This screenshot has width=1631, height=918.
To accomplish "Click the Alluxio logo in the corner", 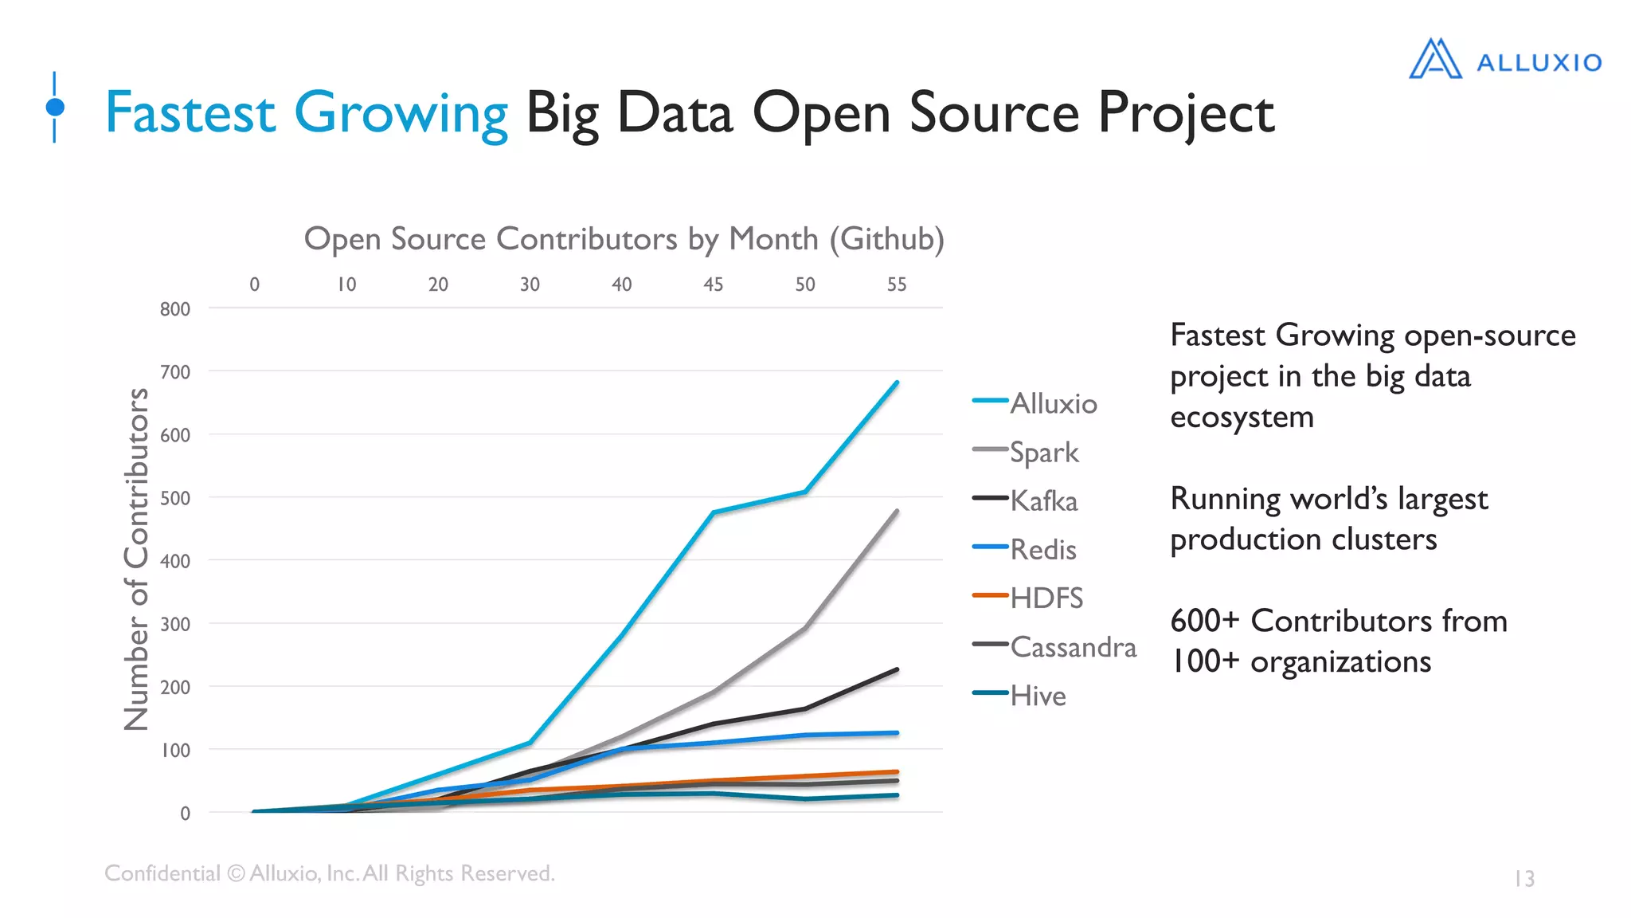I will pyautogui.click(x=1505, y=60).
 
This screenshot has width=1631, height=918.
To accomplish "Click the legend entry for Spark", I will pyautogui.click(x=1043, y=453).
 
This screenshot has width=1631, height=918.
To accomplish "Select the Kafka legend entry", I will pyautogui.click(x=1043, y=501).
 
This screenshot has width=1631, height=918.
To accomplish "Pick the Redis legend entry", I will pyautogui.click(x=1042, y=550).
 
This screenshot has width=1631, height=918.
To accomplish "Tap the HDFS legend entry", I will pyautogui.click(x=1046, y=598).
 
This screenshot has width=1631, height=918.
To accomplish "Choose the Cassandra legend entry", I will pyautogui.click(x=1072, y=647).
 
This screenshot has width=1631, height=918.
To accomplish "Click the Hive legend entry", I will pyautogui.click(x=1037, y=696).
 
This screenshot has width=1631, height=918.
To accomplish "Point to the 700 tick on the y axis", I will pyautogui.click(x=175, y=372).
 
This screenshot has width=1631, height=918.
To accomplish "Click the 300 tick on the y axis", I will pyautogui.click(x=175, y=625).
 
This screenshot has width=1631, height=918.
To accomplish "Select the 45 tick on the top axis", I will pyautogui.click(x=714, y=284).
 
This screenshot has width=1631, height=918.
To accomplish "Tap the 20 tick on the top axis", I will pyautogui.click(x=438, y=284).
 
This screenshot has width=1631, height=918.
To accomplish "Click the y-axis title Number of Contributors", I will pyautogui.click(x=137, y=559).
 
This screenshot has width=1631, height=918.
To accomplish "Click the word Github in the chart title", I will pyautogui.click(x=886, y=239).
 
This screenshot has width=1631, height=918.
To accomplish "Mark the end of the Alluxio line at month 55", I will pyautogui.click(x=897, y=382).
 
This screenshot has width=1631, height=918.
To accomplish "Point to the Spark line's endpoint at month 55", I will pyautogui.click(x=897, y=512).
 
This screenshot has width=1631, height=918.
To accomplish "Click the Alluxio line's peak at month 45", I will pyautogui.click(x=714, y=512).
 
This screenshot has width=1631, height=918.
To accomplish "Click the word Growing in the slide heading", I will pyautogui.click(x=401, y=113).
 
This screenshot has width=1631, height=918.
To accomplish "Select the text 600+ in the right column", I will pyautogui.click(x=1204, y=621).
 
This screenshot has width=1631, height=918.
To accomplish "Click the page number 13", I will pyautogui.click(x=1523, y=878).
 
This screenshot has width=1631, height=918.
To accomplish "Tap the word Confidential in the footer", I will pyautogui.click(x=162, y=873).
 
